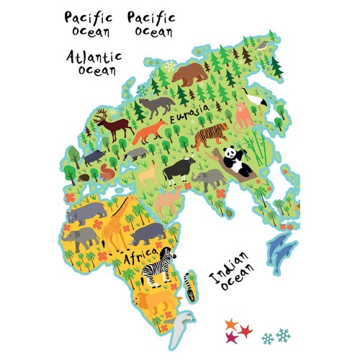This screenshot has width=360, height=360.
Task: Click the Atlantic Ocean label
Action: [94, 63]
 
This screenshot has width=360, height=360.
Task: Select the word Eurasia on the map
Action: [189, 113]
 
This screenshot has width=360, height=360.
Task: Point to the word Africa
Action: [140, 257]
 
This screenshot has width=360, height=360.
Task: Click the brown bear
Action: [190, 73]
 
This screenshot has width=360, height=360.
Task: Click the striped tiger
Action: [210, 135]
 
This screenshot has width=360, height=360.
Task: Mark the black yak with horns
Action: [178, 171]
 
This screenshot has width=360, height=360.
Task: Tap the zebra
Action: [156, 269]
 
